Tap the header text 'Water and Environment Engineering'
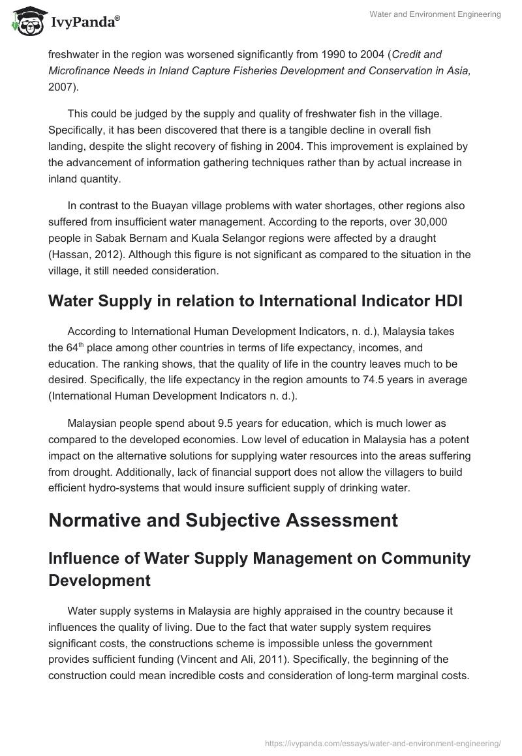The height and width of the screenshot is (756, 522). [x=436, y=15]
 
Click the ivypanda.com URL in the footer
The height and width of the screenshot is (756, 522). [x=383, y=742]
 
